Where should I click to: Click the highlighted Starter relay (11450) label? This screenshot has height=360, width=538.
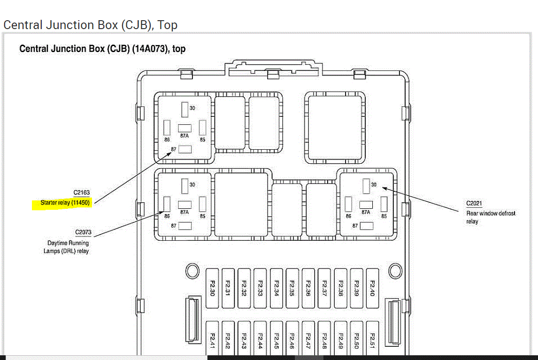click(x=65, y=203)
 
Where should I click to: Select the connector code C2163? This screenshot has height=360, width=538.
click(x=81, y=192)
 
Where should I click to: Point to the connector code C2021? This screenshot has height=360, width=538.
click(x=475, y=203)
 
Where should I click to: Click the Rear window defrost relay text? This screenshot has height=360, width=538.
click(x=490, y=217)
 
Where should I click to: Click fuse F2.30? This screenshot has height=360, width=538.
click(x=212, y=288)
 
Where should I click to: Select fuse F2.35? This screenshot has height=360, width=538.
click(x=292, y=288)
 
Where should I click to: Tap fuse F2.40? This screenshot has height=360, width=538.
click(x=372, y=288)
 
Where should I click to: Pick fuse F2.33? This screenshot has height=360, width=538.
click(x=260, y=288)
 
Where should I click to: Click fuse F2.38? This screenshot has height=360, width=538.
click(x=340, y=288)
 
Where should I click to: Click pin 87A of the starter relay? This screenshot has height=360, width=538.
click(x=184, y=128)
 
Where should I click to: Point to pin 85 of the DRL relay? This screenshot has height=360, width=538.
click(x=202, y=204)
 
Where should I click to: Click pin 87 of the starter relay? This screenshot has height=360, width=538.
click(x=185, y=149)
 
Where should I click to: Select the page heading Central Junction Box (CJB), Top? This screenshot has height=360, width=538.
click(x=90, y=25)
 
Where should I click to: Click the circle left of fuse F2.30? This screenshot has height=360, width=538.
click(x=192, y=271)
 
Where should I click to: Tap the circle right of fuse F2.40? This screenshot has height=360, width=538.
click(x=395, y=271)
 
